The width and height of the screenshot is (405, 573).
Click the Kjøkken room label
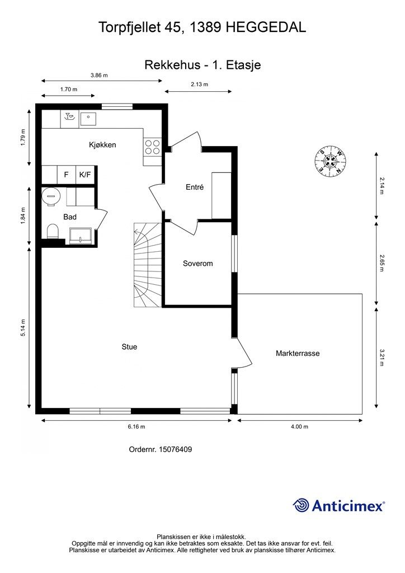(x=102, y=145)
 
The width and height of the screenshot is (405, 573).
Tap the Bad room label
(x=70, y=217)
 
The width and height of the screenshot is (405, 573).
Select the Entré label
(x=195, y=187)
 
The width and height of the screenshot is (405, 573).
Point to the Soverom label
(x=197, y=264)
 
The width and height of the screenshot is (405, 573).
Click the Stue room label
(x=129, y=347)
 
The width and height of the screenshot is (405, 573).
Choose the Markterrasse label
(x=298, y=354)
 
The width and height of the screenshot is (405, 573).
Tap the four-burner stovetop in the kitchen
(x=152, y=147)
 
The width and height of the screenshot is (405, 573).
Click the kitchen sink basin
(x=88, y=119)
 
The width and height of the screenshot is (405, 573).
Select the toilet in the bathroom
(x=53, y=231)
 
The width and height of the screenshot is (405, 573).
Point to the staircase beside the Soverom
(x=148, y=265)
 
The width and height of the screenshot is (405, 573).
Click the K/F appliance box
(x=84, y=175)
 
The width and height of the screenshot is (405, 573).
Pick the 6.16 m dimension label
(x=136, y=427)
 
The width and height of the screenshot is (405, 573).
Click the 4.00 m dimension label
(x=299, y=427)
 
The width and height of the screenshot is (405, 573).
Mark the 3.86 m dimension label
(x=100, y=76)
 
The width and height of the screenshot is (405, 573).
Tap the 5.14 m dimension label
(x=23, y=328)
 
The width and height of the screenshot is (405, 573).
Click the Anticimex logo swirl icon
(x=301, y=505)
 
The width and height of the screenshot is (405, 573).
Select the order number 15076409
(x=175, y=449)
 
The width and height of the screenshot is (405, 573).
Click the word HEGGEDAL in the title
(x=266, y=28)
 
